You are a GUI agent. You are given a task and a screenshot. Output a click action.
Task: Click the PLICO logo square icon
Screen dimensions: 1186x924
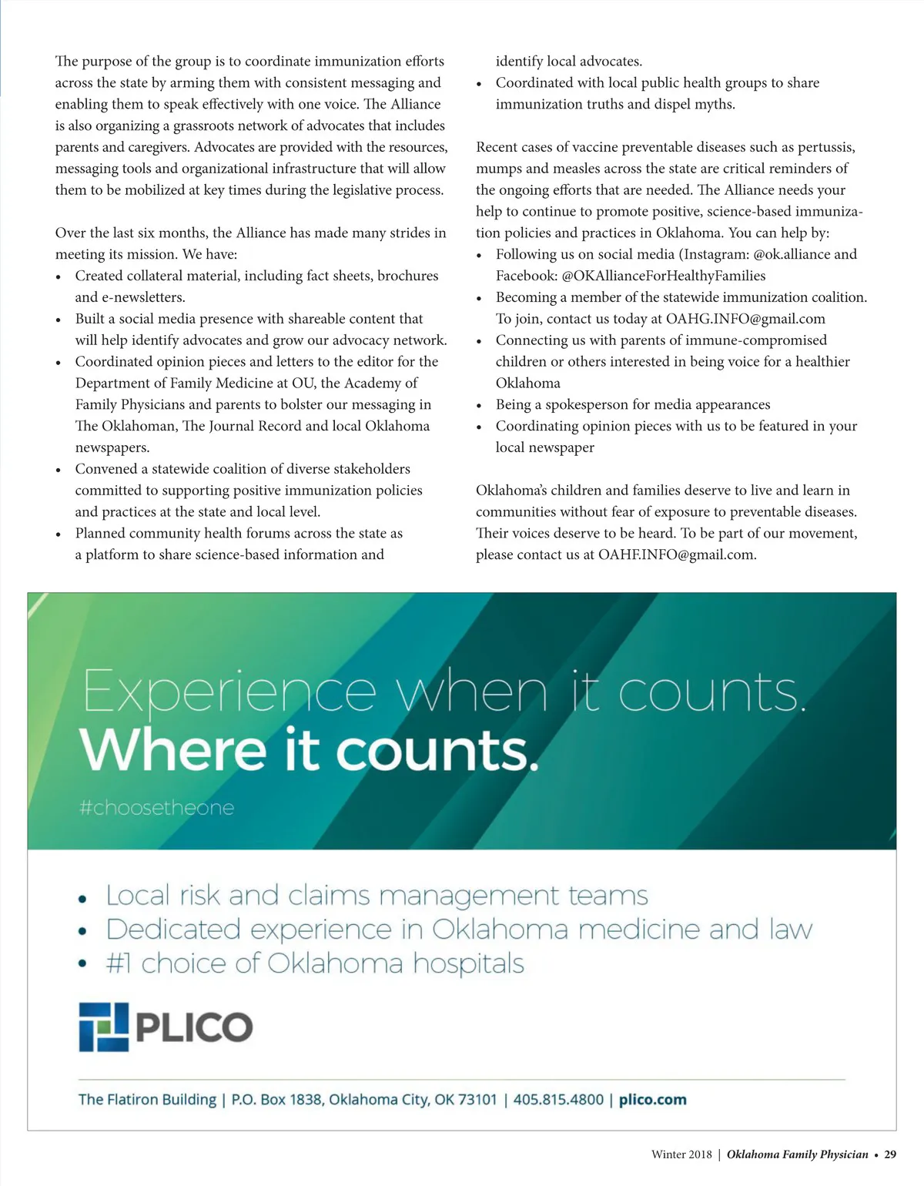point(103,1027)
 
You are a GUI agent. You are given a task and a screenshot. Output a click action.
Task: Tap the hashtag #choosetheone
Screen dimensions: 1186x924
point(156,808)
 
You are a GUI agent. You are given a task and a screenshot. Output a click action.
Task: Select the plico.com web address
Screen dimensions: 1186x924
point(652,1100)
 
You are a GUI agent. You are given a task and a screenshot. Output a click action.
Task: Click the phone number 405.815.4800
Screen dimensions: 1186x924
point(558,1100)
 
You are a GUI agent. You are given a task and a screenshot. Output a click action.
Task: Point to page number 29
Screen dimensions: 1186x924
point(890,1154)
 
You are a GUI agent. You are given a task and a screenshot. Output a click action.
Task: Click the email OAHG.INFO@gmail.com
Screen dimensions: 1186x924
point(745,319)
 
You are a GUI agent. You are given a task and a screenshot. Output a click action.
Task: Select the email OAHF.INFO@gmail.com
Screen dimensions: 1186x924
point(676,554)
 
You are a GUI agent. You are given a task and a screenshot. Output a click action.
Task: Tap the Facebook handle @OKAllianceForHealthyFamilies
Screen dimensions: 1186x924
point(664,276)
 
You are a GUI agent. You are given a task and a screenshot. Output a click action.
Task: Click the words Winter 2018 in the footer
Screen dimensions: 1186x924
point(681,1154)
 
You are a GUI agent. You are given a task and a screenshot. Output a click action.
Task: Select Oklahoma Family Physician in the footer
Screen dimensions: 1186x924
point(797,1154)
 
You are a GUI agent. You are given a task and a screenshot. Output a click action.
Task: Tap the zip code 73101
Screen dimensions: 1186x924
point(477,1100)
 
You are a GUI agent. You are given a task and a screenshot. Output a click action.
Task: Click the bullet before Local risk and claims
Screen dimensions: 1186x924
point(82,898)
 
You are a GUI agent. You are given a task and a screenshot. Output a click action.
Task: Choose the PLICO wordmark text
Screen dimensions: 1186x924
point(194,1027)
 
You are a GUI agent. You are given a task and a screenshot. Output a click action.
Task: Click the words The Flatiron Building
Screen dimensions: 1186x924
point(147,1100)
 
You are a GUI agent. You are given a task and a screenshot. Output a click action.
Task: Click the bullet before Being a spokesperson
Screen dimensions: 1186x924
point(480,406)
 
